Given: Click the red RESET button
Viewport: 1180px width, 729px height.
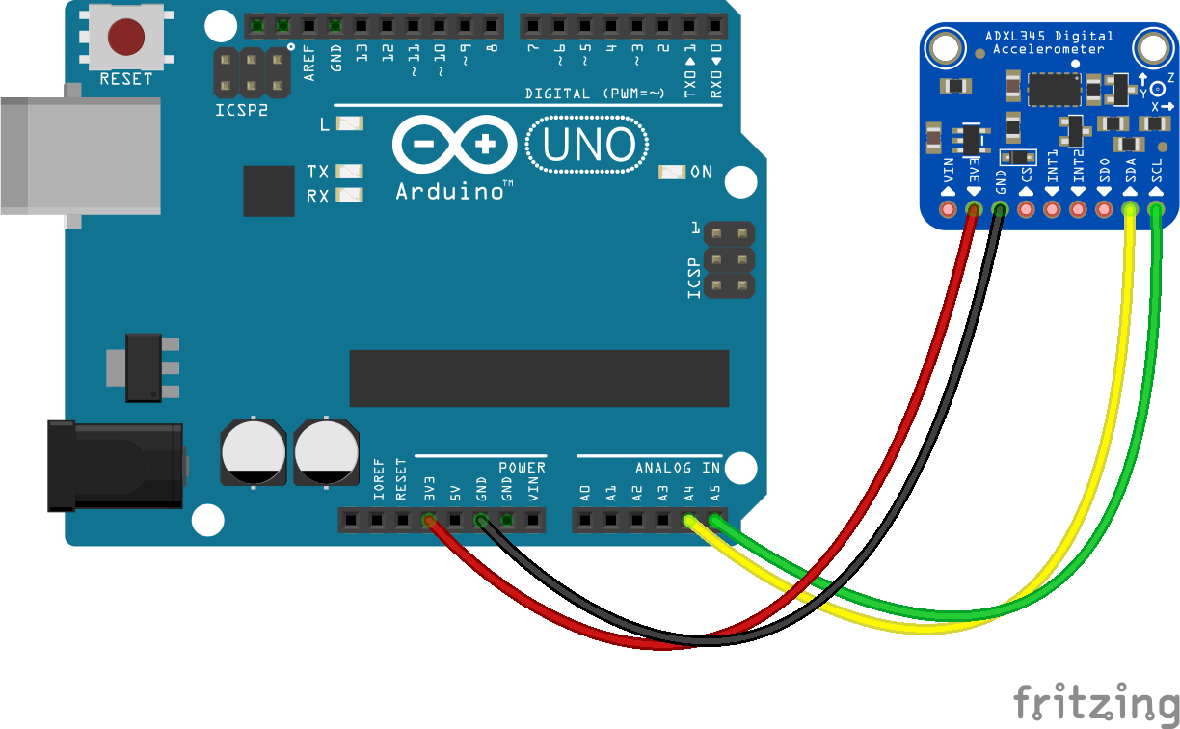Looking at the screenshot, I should pyautogui.click(x=126, y=38).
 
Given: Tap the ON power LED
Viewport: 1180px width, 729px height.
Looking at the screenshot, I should pyautogui.click(x=671, y=173).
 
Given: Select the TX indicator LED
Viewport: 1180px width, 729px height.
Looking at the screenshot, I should pyautogui.click(x=349, y=172).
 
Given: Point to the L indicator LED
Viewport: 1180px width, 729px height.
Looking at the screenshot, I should pyautogui.click(x=349, y=124).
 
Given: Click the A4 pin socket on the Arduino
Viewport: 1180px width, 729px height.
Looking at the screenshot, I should pyautogui.click(x=689, y=522).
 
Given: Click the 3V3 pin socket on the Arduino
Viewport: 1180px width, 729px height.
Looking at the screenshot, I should pyautogui.click(x=429, y=522).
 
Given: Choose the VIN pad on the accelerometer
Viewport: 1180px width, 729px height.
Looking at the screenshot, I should pyautogui.click(x=949, y=209).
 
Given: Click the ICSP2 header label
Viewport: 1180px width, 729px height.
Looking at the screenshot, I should pyautogui.click(x=241, y=110).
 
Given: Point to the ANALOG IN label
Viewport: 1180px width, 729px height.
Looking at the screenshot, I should pyautogui.click(x=677, y=468).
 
